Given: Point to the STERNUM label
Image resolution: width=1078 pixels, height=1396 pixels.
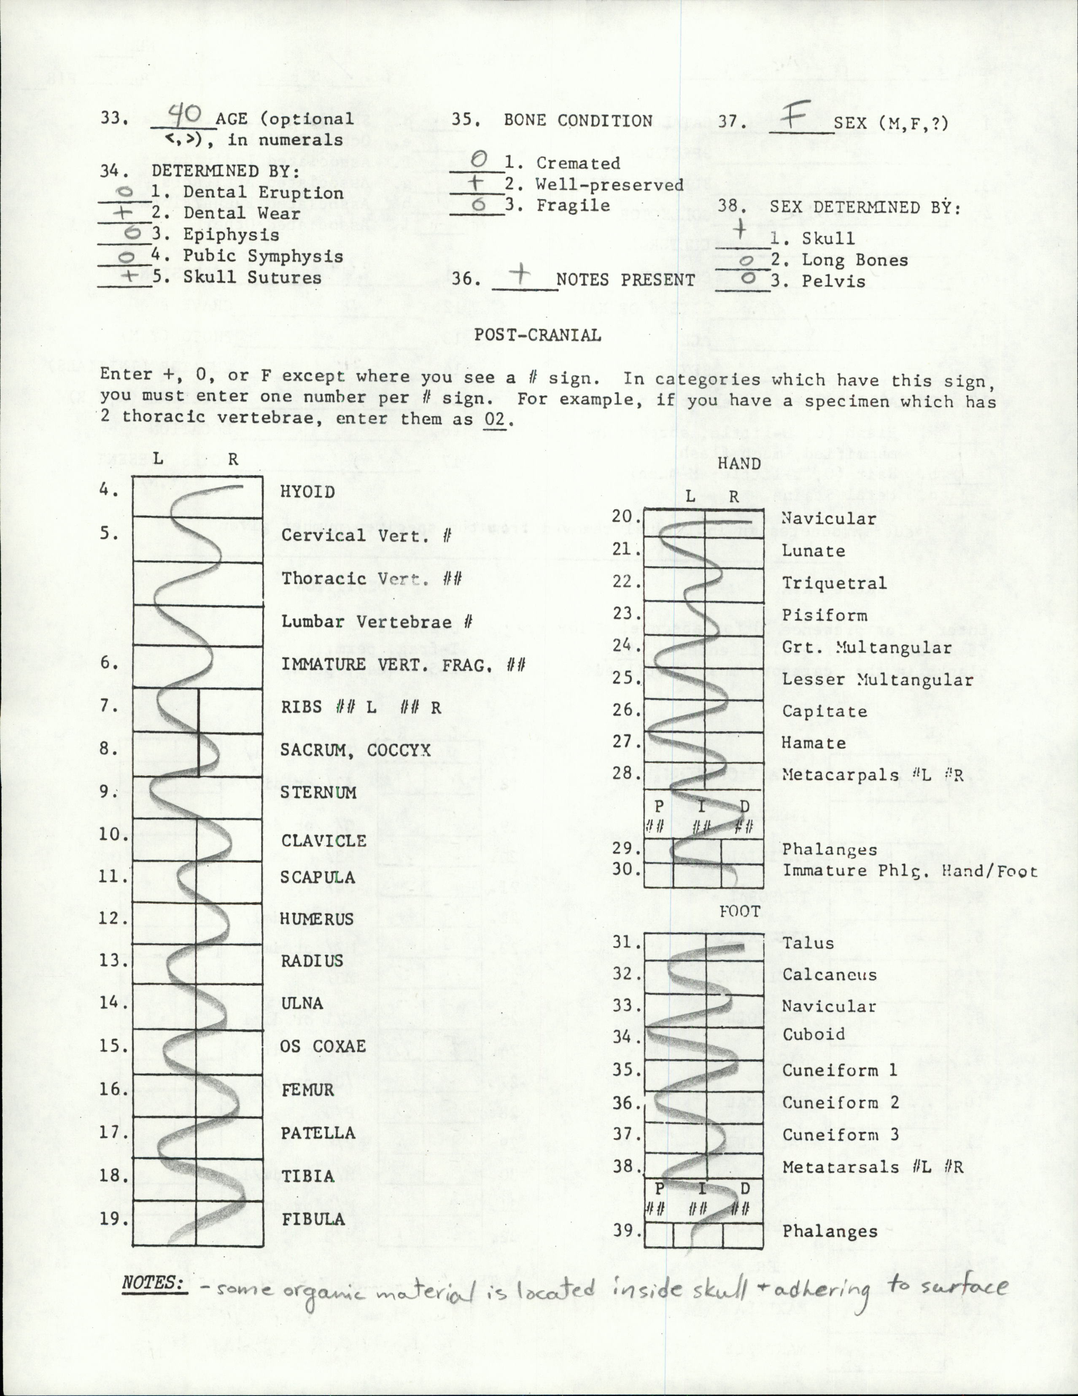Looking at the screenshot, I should point(318,792).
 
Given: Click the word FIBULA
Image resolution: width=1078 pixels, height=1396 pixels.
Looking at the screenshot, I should point(313,1219).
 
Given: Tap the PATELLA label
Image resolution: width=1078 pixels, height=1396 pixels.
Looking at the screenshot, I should point(318,1133).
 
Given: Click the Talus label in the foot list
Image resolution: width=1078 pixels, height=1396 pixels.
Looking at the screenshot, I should point(808,943).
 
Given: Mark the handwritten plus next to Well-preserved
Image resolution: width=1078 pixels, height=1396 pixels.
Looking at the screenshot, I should point(476,183).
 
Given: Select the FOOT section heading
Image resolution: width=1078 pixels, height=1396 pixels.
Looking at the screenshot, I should point(739,911).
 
